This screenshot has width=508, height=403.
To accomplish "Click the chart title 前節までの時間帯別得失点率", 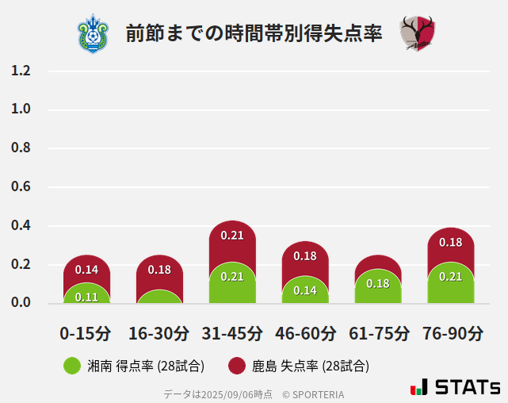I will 254,34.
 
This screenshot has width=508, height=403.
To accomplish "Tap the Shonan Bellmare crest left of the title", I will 94,33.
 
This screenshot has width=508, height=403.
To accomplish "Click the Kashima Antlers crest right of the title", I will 418,34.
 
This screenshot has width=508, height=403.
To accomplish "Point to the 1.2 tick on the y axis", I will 21,71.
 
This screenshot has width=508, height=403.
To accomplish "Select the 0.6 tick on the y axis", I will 21,187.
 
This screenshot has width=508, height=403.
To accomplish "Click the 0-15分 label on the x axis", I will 86,333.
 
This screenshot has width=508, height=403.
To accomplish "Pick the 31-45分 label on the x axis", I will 232,333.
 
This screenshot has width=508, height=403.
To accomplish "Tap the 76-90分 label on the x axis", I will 452,333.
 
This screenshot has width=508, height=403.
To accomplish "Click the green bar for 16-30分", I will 159,296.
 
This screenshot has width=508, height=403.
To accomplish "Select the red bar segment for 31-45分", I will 232,238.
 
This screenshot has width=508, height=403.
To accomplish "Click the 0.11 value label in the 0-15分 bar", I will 86,297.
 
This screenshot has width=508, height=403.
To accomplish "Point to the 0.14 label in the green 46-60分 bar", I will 305,290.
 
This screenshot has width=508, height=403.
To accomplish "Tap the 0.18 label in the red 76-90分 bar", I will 450,243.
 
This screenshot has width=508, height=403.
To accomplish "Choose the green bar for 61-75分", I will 378,286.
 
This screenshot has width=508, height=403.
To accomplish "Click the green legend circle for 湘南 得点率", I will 72,366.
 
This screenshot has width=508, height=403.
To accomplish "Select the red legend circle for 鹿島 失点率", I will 236,366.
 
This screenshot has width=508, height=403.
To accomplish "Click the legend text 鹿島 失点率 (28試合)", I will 310,366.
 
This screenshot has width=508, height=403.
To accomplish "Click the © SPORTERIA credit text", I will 313,394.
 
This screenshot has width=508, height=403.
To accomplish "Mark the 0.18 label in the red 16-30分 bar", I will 159,270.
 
